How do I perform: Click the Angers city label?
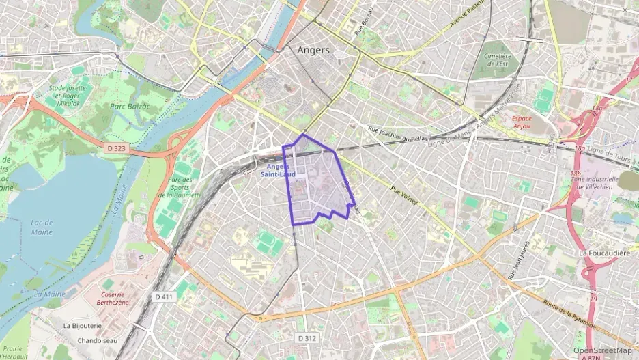(313, 50)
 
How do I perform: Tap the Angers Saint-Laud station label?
(277, 170)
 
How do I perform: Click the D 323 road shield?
(117, 147)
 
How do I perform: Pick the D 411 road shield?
(164, 296)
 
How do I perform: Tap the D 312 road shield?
(307, 337)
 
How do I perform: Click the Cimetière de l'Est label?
(498, 60)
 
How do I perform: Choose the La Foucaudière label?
(603, 253)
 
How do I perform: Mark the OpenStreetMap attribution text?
(603, 350)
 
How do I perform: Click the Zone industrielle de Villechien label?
(599, 183)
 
